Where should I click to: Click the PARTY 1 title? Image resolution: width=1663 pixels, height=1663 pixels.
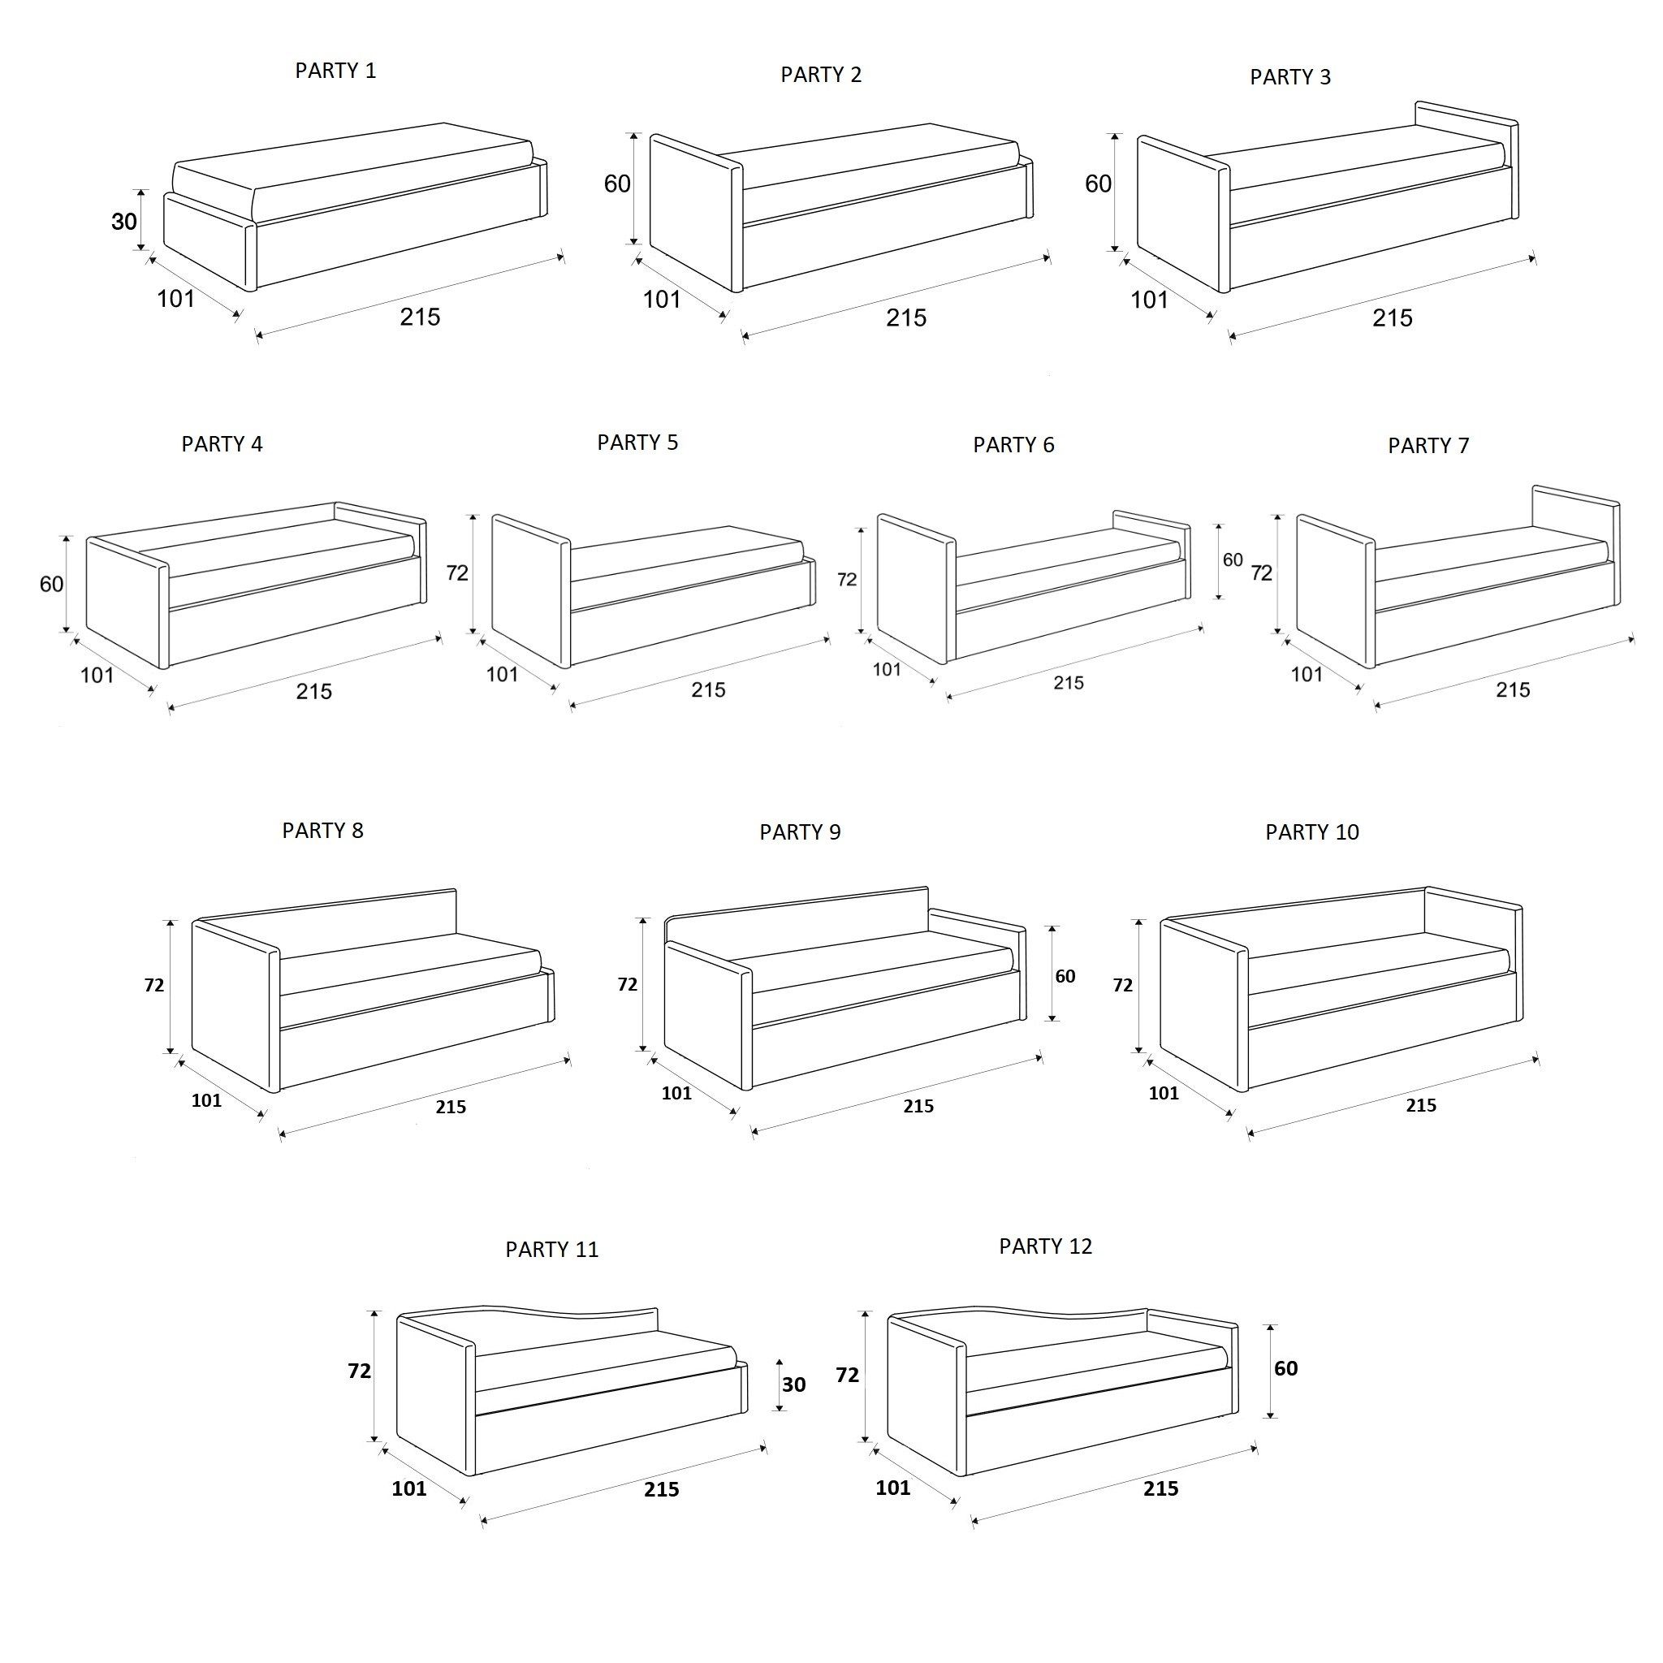tap(335, 71)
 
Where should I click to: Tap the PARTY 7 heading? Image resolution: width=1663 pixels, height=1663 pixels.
tap(1428, 446)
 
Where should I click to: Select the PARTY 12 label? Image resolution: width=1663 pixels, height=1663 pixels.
tap(1045, 1246)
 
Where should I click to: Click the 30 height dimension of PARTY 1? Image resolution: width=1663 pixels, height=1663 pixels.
tap(124, 222)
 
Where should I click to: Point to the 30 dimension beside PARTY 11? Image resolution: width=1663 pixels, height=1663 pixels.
tap(793, 1384)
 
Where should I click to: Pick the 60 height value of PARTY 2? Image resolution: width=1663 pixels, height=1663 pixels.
tap(617, 184)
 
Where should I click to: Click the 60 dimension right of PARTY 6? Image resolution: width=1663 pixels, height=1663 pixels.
tap(1233, 560)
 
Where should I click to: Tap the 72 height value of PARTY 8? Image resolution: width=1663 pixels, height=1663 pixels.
tap(154, 986)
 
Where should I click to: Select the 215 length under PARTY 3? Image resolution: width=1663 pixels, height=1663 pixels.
tap(1393, 318)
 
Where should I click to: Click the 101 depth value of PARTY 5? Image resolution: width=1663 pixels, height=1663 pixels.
tap(502, 674)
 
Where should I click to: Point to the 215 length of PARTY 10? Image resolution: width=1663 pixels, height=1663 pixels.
tap(1421, 1105)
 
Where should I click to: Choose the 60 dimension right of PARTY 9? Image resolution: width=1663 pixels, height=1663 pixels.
tap(1065, 976)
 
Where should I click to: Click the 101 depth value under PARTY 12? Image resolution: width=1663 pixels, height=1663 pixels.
tap(892, 1488)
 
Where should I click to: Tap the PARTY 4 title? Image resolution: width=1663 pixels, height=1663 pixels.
tap(222, 444)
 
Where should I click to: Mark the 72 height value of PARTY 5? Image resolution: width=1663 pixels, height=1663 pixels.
tap(457, 573)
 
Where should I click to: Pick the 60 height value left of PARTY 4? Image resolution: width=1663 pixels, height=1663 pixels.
tap(52, 585)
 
